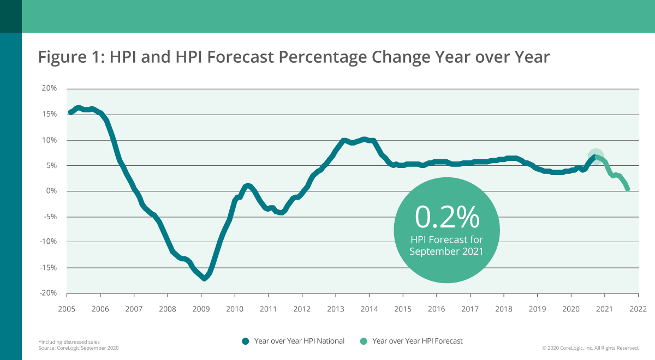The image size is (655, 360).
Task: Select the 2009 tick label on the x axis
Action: (x=201, y=309)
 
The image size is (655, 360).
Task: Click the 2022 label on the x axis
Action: (x=638, y=309)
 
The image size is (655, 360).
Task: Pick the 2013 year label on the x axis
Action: (x=335, y=309)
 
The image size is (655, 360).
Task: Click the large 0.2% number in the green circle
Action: (x=447, y=217)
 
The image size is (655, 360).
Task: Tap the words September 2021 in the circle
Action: (x=447, y=251)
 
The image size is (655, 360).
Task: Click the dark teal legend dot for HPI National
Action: (x=245, y=341)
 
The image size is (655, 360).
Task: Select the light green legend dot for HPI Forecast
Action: (x=364, y=341)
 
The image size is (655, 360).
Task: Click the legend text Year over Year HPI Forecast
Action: (x=417, y=341)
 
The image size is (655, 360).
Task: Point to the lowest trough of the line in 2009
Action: (x=204, y=279)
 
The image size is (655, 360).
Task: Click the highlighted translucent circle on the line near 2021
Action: (x=596, y=156)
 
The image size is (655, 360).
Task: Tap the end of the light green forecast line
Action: (x=628, y=189)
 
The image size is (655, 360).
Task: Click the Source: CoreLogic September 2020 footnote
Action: (x=78, y=347)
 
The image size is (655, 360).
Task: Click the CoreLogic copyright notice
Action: (x=590, y=347)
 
